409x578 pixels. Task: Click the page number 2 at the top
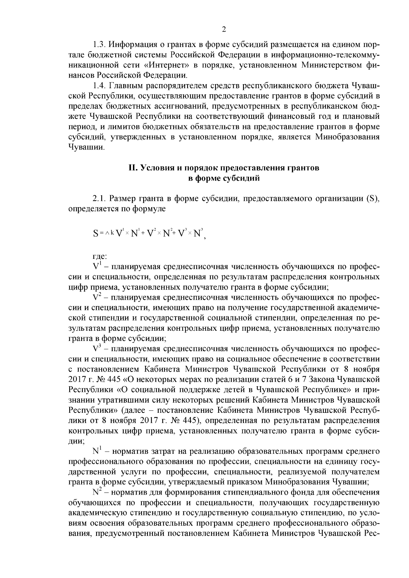224,30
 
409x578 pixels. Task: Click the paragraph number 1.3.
100,45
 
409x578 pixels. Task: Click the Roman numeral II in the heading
132,168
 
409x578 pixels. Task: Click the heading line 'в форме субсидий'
224,178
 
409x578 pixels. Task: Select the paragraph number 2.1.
100,198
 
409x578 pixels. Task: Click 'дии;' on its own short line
75,441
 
